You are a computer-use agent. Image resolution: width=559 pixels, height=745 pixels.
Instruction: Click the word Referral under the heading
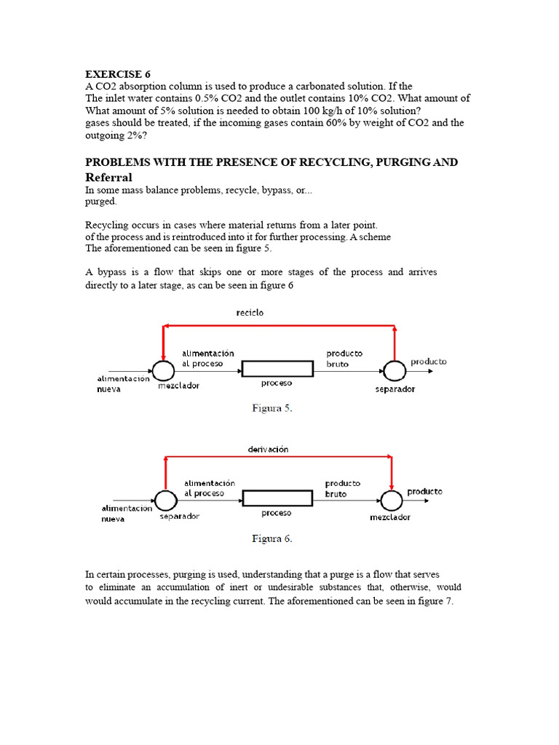[x=108, y=177]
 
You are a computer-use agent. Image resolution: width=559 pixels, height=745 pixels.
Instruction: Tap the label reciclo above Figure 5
[x=249, y=312]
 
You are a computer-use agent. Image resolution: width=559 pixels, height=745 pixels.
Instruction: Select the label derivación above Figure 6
[x=268, y=449]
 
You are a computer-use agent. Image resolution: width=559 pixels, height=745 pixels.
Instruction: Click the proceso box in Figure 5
[x=277, y=369]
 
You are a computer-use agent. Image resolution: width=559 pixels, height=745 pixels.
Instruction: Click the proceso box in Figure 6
[x=277, y=499]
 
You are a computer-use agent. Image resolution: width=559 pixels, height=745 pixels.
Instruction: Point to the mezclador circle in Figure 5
[x=163, y=370]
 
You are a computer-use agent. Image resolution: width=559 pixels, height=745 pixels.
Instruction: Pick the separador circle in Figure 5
[x=395, y=370]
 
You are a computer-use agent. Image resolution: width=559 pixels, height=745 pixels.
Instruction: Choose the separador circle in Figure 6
[x=166, y=500]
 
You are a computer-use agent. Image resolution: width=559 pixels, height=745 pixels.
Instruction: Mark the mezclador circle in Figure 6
[x=391, y=500]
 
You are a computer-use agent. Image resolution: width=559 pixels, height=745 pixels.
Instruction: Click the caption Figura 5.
[x=272, y=408]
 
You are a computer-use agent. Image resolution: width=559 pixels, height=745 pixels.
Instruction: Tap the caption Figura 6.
[x=272, y=538]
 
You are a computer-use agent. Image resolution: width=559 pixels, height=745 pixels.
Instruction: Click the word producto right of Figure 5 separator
[x=429, y=362]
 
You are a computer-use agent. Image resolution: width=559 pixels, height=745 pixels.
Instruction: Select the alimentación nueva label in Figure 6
[x=124, y=513]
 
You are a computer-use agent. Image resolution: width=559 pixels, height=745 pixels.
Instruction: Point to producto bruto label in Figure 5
[x=344, y=358]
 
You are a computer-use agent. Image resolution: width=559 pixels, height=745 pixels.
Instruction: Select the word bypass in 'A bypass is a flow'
[x=114, y=272]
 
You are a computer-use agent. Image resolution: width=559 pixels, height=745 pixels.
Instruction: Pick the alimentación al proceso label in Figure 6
[x=209, y=487]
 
